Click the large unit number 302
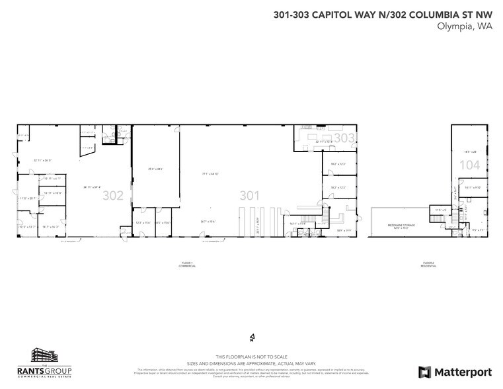coord(113,195)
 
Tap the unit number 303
coord(344,138)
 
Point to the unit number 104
coord(469,165)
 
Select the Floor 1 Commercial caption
coord(187,265)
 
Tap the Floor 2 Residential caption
coord(429,265)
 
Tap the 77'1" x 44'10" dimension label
coord(210,174)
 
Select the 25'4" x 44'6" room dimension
coord(156,169)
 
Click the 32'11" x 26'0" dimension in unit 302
coord(42,161)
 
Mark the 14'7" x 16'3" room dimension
coord(51,227)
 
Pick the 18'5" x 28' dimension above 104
coord(470,151)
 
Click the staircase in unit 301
coord(308,218)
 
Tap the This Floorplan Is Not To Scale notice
coord(251,356)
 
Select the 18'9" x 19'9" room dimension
coord(343,230)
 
